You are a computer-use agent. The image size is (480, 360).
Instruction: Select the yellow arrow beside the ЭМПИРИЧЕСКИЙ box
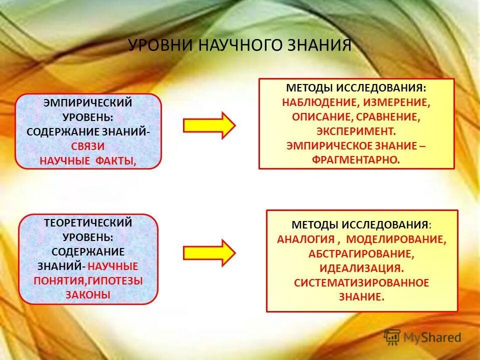209,125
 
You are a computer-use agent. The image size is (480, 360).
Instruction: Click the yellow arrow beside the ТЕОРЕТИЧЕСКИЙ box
209,252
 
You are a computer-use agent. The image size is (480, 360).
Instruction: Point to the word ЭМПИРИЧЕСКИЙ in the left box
88,103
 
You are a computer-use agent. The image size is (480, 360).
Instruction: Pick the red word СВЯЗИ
88,147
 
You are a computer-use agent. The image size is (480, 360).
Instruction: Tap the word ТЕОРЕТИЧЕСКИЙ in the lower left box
88,223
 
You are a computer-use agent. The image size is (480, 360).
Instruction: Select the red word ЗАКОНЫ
88,294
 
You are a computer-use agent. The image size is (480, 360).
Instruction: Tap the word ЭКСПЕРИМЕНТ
356,131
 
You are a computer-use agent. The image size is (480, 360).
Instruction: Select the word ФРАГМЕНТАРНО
356,160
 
